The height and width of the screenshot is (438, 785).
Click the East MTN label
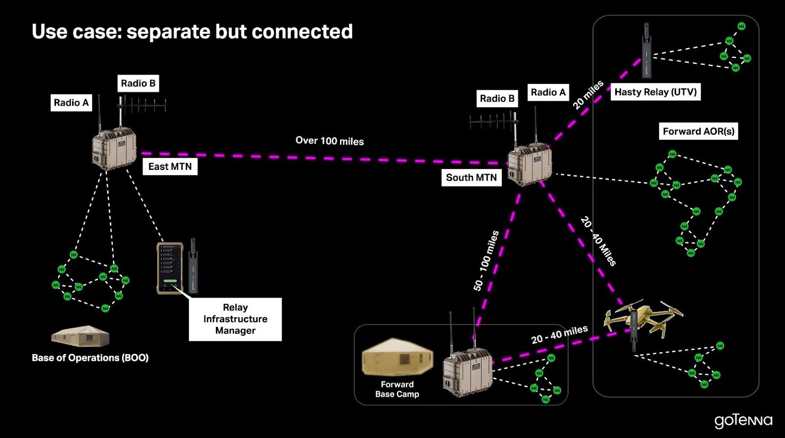click(170, 166)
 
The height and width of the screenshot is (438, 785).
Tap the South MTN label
click(471, 178)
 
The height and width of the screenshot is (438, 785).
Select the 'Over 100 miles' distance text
click(329, 141)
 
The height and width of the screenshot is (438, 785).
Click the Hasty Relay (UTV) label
click(655, 92)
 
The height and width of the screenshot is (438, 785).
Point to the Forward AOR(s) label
click(698, 131)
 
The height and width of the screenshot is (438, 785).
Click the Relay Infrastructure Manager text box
click(235, 319)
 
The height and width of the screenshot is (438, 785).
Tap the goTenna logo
click(743, 421)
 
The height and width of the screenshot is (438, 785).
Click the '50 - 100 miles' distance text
click(486, 261)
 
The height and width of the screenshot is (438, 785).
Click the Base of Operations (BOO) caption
click(90, 358)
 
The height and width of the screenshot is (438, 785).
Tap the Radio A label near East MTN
click(71, 103)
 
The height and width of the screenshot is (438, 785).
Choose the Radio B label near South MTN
click(497, 99)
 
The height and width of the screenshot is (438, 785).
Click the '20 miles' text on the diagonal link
click(588, 95)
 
